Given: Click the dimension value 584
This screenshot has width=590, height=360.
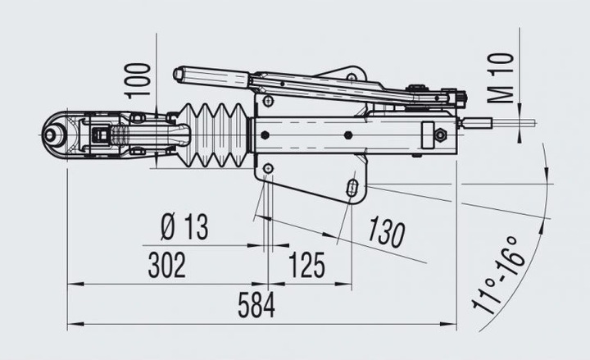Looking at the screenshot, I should click(256, 305).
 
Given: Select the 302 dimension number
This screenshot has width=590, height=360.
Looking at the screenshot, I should click(167, 266).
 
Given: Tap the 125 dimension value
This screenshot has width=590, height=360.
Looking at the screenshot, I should click(306, 266).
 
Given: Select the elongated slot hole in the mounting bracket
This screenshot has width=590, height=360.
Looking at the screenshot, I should click(352, 187).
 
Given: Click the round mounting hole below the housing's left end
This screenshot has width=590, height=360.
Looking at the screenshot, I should click(268, 169).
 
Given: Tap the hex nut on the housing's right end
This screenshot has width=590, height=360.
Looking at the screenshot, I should click(441, 134).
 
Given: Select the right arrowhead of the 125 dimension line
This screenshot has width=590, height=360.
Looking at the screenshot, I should click(348, 284).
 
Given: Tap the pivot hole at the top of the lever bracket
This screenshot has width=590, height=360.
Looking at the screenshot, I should click(352, 77).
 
